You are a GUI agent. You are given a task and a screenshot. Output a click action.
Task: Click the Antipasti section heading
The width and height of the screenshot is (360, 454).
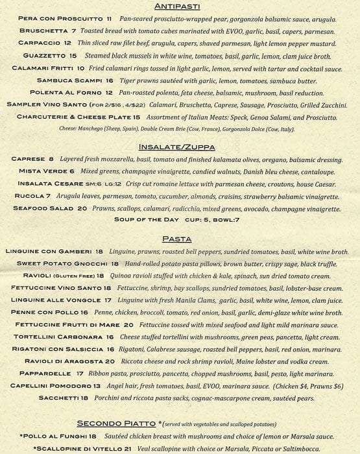point(180,6)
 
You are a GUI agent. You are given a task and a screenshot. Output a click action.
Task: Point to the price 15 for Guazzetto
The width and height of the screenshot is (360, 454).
point(73,56)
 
